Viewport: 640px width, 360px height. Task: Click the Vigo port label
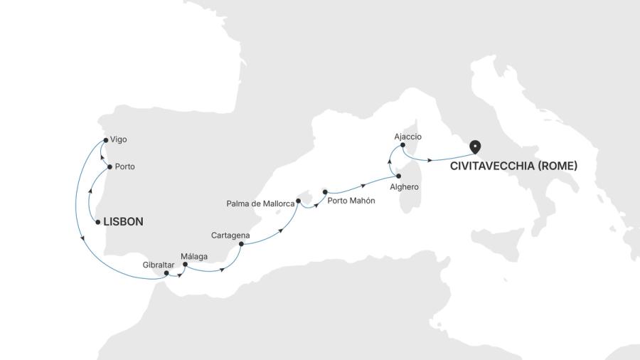click(119, 139)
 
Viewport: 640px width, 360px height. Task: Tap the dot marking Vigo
click(105, 139)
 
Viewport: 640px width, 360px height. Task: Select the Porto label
click(125, 166)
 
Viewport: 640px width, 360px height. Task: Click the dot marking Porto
click(110, 166)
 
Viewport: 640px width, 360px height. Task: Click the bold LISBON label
click(123, 222)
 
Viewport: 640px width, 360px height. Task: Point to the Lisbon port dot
click(97, 222)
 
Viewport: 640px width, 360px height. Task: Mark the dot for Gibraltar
click(166, 272)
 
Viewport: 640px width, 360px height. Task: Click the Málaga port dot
click(185, 265)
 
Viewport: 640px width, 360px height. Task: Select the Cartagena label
click(230, 235)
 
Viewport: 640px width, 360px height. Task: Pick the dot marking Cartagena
click(241, 244)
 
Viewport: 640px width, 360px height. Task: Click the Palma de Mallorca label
click(260, 203)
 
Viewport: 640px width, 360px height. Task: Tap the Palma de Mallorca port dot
click(298, 201)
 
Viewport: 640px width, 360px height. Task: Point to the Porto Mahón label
click(351, 201)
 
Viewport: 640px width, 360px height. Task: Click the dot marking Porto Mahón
click(325, 191)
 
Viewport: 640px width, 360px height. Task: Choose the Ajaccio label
click(407, 136)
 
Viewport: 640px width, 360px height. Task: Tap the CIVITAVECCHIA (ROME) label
click(513, 166)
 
